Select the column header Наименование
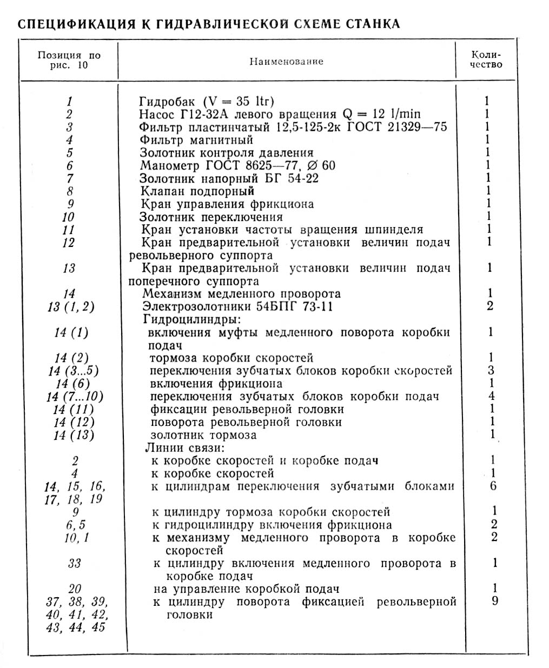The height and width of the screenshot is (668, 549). (286, 62)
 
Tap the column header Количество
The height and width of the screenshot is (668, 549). (486, 59)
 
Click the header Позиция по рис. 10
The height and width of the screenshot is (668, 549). (69, 61)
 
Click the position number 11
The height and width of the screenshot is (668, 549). (69, 230)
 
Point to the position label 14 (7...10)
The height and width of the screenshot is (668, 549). (75, 397)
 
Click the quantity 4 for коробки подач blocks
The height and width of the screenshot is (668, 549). (491, 397)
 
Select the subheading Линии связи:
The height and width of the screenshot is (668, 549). (184, 448)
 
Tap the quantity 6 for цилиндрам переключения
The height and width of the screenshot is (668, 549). (493, 486)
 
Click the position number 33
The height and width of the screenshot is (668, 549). (75, 563)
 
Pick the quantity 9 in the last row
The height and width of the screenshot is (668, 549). (495, 601)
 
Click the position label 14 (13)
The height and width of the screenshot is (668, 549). (74, 435)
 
